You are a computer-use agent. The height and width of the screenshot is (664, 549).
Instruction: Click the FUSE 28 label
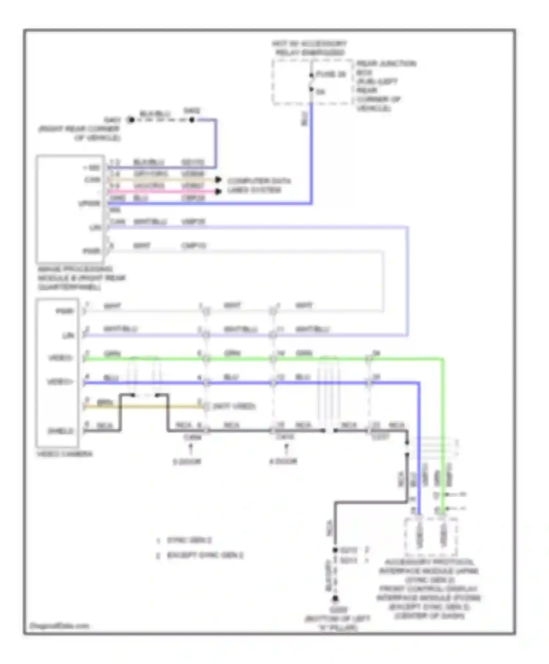pyautogui.click(x=331, y=74)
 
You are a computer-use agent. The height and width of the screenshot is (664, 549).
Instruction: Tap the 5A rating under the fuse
pyautogui.click(x=321, y=92)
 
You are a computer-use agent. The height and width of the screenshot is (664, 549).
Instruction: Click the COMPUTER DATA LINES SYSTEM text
pyautogui.click(x=258, y=186)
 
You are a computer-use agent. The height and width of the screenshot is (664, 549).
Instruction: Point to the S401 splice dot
pyautogui.click(x=131, y=120)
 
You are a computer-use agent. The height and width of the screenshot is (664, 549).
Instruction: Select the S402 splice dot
pyautogui.click(x=192, y=120)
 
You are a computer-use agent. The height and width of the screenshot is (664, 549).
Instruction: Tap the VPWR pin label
pyautogui.click(x=89, y=203)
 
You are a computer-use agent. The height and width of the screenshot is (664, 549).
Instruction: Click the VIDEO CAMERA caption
pyautogui.click(x=65, y=454)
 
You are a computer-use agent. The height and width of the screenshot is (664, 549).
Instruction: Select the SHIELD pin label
pyautogui.click(x=61, y=431)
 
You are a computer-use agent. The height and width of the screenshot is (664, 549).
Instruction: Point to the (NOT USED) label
pyautogui.click(x=234, y=406)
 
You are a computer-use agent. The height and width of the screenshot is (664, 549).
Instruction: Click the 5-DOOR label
pyautogui.click(x=187, y=462)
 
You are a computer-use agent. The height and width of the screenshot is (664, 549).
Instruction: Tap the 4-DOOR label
pyautogui.click(x=283, y=461)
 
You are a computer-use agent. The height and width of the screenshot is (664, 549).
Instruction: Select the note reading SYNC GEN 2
pyautogui.click(x=189, y=540)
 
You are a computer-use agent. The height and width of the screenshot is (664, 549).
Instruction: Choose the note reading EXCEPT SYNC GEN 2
pyautogui.click(x=205, y=555)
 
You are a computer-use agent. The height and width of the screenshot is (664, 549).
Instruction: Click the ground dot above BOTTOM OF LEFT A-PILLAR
pyautogui.click(x=335, y=599)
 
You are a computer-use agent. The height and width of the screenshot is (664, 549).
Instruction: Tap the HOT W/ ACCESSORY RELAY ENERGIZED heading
pyautogui.click(x=309, y=48)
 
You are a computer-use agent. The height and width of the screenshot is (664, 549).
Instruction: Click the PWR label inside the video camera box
pyautogui.click(x=65, y=311)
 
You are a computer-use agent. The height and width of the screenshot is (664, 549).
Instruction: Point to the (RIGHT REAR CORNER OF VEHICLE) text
pyautogui.click(x=79, y=133)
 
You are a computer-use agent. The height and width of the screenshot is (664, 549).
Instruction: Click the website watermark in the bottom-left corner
pyautogui.click(x=59, y=626)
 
